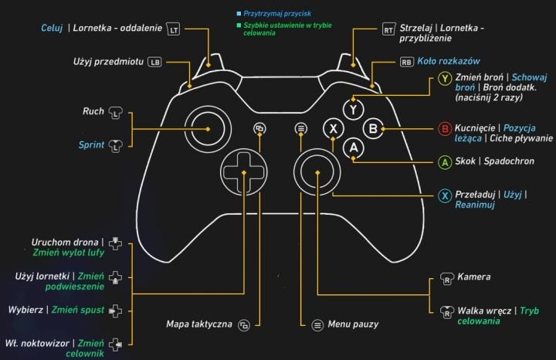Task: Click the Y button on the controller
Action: click(x=353, y=110)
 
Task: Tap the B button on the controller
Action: click(x=373, y=128)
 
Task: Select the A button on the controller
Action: click(x=353, y=146)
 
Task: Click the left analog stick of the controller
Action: click(x=206, y=128)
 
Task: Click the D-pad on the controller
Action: click(x=241, y=170)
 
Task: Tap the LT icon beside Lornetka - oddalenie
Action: click(x=174, y=29)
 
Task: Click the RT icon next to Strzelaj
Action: click(x=388, y=29)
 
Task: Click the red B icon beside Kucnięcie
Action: click(x=444, y=128)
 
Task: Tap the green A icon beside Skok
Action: click(x=444, y=162)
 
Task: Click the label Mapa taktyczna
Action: click(x=199, y=324)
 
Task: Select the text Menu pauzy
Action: click(x=353, y=324)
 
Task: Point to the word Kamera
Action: click(x=473, y=277)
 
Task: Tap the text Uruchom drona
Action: click(x=66, y=241)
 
